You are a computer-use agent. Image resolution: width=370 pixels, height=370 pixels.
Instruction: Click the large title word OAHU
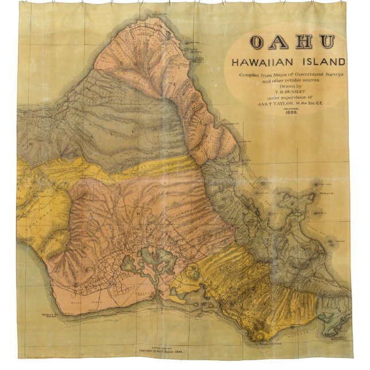click(x=293, y=43)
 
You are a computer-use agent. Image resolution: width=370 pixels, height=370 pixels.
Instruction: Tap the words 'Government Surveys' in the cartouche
click(x=319, y=75)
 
